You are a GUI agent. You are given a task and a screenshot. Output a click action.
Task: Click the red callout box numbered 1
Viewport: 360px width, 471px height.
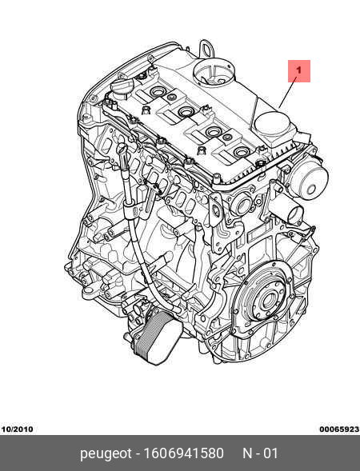pyautogui.click(x=299, y=71)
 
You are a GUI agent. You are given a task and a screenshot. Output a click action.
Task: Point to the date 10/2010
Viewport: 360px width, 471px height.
pyautogui.click(x=17, y=429)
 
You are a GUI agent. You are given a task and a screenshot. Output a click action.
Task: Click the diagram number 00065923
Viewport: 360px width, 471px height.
pyautogui.click(x=339, y=429)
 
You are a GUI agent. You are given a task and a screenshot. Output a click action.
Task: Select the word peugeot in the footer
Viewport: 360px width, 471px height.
pyautogui.click(x=106, y=453)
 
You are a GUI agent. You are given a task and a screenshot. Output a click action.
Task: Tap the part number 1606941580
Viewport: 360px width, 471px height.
pyautogui.click(x=184, y=453)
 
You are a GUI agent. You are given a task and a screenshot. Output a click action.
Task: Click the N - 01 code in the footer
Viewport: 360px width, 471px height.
pyautogui.click(x=260, y=453)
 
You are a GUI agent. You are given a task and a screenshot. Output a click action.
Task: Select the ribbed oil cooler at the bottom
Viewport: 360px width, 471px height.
pyautogui.click(x=157, y=337)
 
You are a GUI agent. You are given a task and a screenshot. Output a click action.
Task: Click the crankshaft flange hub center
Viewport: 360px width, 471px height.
pyautogui.click(x=267, y=301)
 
